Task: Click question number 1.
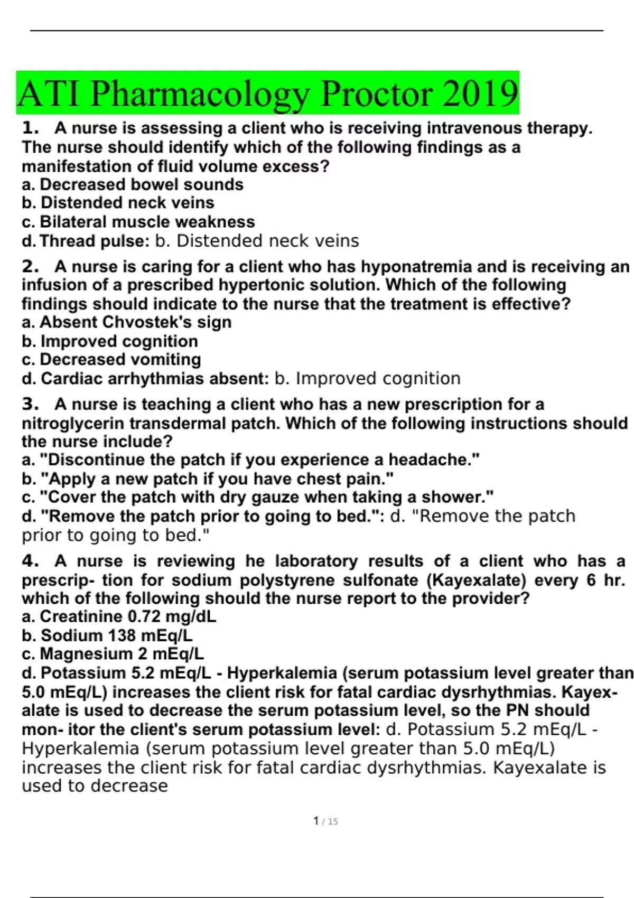point(31,128)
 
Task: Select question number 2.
point(31,267)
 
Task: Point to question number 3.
point(31,405)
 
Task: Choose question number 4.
point(31,561)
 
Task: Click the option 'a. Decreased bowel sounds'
point(132,185)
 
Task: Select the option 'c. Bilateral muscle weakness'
point(138,222)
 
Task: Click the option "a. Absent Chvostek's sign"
point(126,322)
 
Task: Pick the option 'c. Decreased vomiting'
point(111,360)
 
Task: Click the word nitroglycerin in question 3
point(73,424)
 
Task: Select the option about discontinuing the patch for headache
point(250,460)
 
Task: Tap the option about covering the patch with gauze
point(258,498)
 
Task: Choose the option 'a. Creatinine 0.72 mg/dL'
point(119,616)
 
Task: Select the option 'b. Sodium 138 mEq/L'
point(107,635)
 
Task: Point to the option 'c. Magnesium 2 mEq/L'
point(113,654)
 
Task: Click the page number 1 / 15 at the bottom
point(325,821)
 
